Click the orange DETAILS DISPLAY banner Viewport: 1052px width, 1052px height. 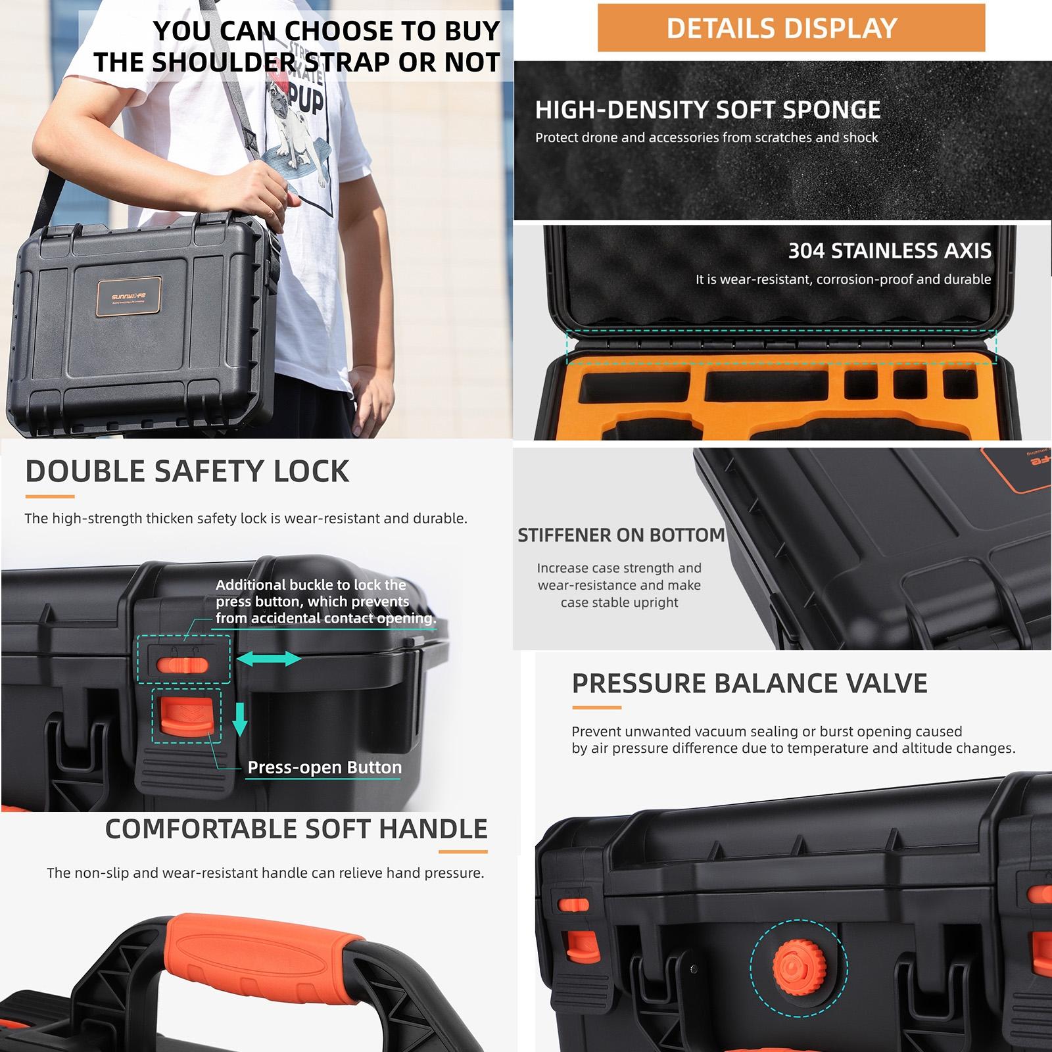click(791, 28)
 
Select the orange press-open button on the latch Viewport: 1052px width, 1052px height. click(186, 718)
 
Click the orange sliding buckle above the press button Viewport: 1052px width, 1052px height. click(182, 665)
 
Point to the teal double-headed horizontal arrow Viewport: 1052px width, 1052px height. click(268, 658)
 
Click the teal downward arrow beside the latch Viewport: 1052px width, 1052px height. click(240, 719)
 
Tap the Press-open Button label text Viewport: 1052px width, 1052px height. click(324, 767)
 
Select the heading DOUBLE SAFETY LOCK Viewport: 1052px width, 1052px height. click(187, 471)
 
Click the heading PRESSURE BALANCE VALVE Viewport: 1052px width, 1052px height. click(750, 684)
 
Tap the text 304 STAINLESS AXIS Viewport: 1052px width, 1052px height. click(889, 251)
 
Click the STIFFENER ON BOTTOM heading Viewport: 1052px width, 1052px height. click(621, 535)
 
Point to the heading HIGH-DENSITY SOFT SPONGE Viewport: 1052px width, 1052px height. click(707, 110)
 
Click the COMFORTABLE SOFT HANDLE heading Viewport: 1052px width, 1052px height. click(296, 829)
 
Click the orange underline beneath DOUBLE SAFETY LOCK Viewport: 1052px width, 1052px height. click(49, 496)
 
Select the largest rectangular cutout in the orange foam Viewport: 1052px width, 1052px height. click(765, 385)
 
